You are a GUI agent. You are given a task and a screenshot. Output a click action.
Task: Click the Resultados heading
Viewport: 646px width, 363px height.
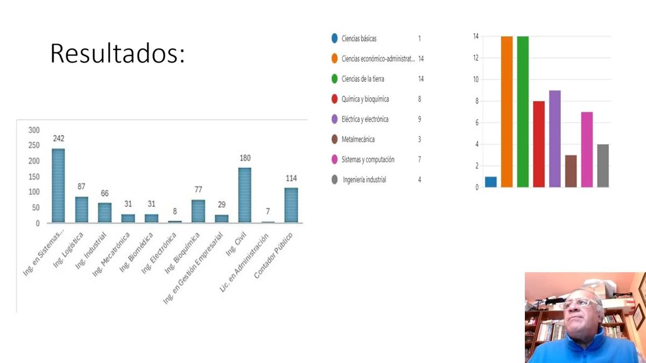[x=117, y=54]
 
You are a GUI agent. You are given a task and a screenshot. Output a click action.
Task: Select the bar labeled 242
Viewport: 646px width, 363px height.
[x=58, y=186]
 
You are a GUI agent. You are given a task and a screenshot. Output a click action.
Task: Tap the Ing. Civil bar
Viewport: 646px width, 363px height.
[x=244, y=195]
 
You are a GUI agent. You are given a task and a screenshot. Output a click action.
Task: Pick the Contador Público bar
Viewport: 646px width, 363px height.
[x=291, y=205]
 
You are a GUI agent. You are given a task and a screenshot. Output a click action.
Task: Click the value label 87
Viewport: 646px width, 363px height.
[x=81, y=187]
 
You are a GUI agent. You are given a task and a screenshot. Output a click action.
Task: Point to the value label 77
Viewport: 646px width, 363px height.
[x=198, y=189]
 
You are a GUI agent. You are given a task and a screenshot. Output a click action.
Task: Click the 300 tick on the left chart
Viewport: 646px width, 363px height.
[x=34, y=130]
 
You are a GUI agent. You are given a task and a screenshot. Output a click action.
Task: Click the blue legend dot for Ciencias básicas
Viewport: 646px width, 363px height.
[x=334, y=39]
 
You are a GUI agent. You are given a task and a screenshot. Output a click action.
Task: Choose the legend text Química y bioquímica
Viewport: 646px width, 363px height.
[x=365, y=99]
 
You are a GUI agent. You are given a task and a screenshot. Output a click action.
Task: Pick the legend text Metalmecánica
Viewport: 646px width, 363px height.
[x=358, y=139]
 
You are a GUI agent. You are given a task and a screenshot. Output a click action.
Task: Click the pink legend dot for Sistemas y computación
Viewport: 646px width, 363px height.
[x=334, y=160]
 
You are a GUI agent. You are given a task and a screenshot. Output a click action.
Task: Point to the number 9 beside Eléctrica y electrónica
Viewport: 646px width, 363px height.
[x=419, y=119]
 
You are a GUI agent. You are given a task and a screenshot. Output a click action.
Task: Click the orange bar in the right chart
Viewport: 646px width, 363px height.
[x=507, y=112]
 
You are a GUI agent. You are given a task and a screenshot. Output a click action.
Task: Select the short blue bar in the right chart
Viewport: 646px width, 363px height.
[x=490, y=182]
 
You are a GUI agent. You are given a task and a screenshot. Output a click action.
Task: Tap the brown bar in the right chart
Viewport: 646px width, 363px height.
[x=571, y=171]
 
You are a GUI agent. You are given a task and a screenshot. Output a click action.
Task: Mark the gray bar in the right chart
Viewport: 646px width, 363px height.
[x=603, y=166]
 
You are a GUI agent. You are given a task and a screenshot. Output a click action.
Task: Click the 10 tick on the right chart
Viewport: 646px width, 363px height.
[x=476, y=80]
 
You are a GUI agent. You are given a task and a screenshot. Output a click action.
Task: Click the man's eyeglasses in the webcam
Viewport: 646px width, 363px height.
[x=579, y=303]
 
